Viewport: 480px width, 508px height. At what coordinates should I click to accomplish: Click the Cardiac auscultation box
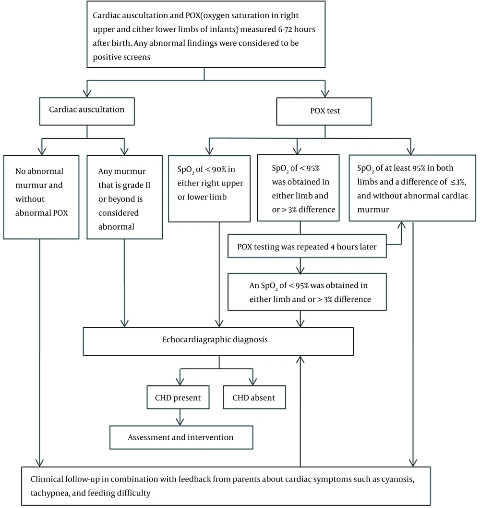87,112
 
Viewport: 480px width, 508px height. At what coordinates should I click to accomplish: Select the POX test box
324,112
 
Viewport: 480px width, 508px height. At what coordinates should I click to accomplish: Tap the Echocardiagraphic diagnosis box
218,341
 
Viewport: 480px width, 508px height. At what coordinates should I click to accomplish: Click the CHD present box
178,397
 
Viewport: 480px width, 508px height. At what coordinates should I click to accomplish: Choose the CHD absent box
254,397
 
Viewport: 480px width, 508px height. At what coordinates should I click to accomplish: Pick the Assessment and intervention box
181,437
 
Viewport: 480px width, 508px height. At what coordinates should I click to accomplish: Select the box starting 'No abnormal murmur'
41,198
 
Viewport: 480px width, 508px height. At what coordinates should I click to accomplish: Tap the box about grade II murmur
125,198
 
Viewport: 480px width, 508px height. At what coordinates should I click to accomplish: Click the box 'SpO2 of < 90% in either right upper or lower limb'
209,188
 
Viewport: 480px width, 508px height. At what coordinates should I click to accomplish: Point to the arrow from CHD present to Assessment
180,417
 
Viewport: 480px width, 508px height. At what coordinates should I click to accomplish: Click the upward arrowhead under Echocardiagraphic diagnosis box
300,359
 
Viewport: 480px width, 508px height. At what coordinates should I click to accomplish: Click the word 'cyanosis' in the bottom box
398,479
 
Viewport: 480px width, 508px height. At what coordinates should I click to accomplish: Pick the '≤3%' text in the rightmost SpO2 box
458,182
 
